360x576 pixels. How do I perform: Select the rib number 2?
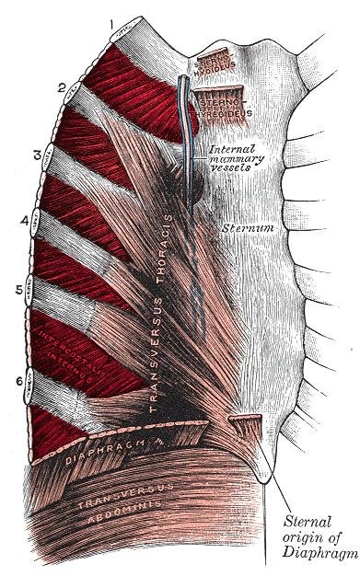pyautogui.click(x=61, y=88)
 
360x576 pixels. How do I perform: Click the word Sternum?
pyautogui.click(x=245, y=226)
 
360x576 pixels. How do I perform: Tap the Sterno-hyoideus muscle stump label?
pyautogui.click(x=215, y=63)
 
